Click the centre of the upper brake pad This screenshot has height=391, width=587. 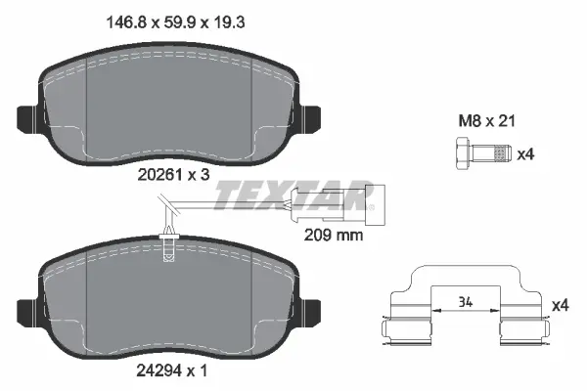click(168, 108)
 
